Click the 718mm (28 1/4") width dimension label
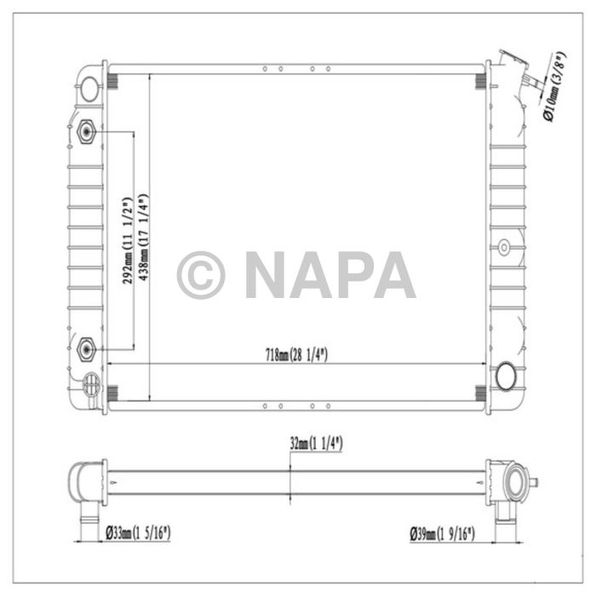click(295, 356)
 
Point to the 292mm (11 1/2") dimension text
click(127, 241)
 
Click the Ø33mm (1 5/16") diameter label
click(138, 534)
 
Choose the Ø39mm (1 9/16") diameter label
click(441, 534)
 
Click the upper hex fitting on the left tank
click(86, 132)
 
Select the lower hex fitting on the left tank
click(86, 348)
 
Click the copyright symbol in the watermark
click(201, 275)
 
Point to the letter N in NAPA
click(271, 275)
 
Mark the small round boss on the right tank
click(504, 247)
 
